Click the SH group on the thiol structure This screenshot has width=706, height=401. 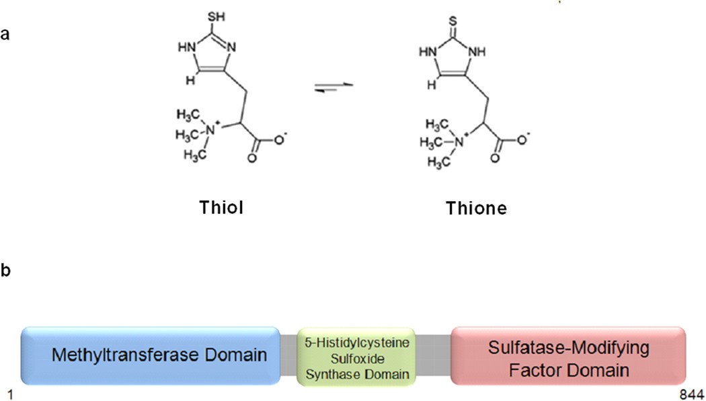tap(216, 17)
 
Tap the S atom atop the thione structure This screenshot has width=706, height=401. tap(453, 21)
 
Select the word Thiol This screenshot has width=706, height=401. tap(221, 207)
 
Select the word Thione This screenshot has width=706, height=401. tap(476, 208)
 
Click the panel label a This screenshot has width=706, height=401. tap(5, 34)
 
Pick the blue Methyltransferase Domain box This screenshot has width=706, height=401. tap(151, 355)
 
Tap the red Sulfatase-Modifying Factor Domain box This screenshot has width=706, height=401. tap(568, 356)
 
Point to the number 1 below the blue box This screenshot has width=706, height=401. tap(10, 395)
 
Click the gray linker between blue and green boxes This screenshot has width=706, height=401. tap(288, 355)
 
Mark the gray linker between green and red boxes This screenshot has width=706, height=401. tap(433, 355)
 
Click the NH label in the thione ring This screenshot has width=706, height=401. tap(477, 52)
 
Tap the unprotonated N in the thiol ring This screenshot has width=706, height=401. tap(231, 47)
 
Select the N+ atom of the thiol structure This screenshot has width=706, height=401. tap(212, 131)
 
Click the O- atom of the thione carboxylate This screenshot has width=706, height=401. tap(523, 139)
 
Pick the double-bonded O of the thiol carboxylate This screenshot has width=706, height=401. tap(252, 158)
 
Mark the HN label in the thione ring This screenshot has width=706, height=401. tap(428, 52)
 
